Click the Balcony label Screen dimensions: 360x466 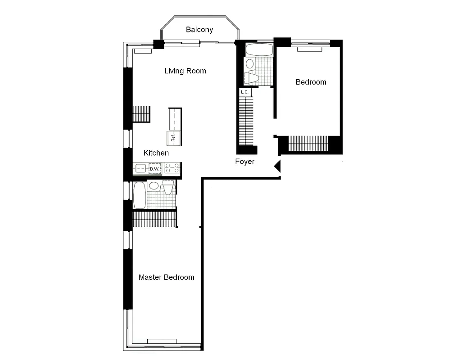pos(199,30)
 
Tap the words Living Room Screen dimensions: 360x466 pos(185,71)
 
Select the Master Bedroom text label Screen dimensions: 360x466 pos(166,277)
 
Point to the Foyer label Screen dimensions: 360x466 pos(244,162)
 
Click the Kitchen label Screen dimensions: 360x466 pos(156,153)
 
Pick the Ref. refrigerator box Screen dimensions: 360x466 pos(173,138)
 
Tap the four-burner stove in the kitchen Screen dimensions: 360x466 pos(172,169)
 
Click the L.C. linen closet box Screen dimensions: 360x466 pos(244,92)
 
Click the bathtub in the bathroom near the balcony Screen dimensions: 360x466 pos(259,49)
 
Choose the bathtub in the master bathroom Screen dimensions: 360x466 pos(140,195)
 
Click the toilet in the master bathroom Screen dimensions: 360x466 pos(168,188)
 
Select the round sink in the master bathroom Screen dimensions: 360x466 pos(154,185)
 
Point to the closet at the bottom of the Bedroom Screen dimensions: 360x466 pos(308,144)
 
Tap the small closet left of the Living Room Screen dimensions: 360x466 pos(141,113)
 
